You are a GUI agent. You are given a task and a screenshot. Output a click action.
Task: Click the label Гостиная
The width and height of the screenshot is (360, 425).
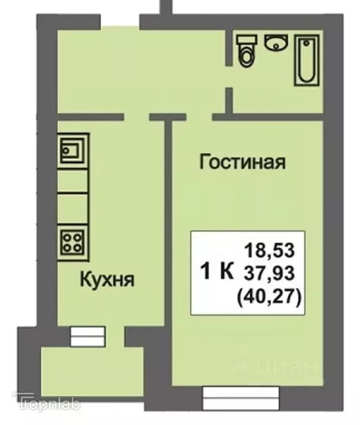coord(242,163)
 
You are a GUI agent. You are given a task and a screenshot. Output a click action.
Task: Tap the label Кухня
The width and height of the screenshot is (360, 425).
coord(107,279)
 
